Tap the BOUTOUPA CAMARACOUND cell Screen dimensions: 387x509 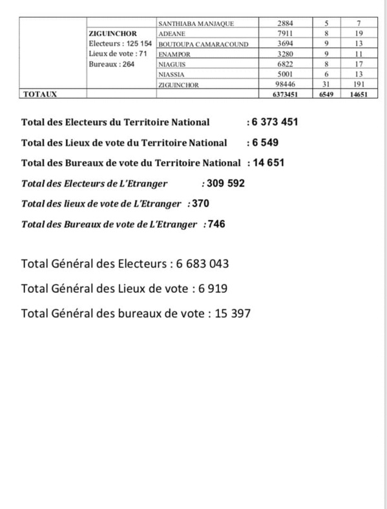coord(200,44)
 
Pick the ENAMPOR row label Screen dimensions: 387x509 coord(174,54)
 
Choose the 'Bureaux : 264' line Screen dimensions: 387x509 coord(110,64)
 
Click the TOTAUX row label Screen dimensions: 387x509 coord(40,94)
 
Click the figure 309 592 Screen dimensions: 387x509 coord(225,183)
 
